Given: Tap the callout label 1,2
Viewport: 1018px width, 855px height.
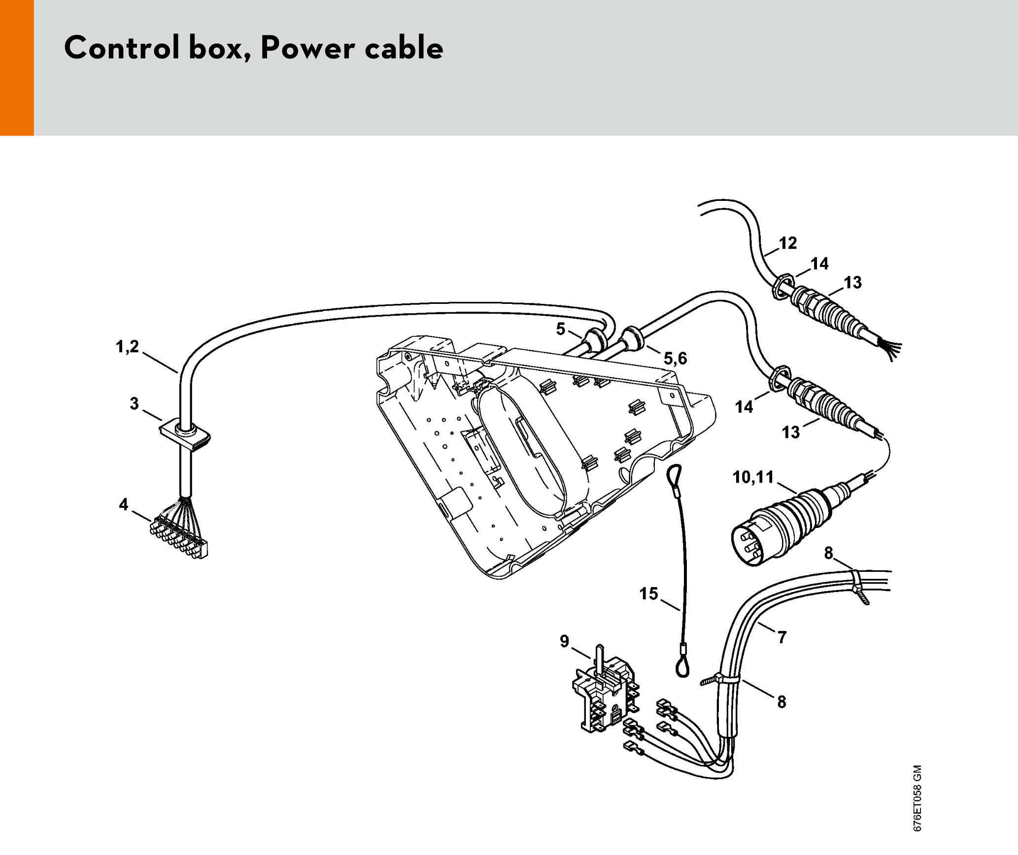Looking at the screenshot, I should (127, 347).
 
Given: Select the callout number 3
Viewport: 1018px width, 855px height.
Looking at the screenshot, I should (134, 404).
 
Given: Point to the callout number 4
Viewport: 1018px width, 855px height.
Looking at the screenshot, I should (123, 504).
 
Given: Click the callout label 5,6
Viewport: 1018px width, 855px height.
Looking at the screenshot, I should (675, 358).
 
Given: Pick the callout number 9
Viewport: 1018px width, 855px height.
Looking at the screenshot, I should (565, 641).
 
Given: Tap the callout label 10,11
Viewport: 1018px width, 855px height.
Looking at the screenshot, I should (753, 477).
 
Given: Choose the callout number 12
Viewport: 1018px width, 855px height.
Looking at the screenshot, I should (788, 243).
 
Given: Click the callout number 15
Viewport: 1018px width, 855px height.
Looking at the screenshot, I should (648, 593).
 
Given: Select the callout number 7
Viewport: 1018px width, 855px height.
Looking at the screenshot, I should (782, 637).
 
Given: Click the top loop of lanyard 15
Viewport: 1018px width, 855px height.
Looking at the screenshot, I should (674, 475).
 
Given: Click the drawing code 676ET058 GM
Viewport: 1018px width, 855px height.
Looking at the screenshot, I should (917, 798).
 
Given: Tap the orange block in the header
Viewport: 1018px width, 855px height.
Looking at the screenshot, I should (17, 67).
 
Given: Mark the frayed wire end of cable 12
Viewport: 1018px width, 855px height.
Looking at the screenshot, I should (891, 348).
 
